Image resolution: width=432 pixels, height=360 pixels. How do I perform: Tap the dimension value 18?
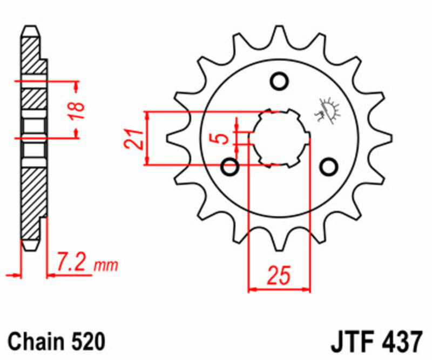point(79,110)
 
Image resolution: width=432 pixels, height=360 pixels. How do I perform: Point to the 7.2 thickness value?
point(72,265)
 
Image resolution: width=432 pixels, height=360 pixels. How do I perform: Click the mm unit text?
point(106,266)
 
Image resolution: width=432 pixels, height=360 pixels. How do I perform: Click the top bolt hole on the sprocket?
point(279,82)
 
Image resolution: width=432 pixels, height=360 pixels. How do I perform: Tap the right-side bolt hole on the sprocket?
point(328,167)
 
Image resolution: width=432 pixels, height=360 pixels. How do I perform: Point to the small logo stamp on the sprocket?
point(328,111)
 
